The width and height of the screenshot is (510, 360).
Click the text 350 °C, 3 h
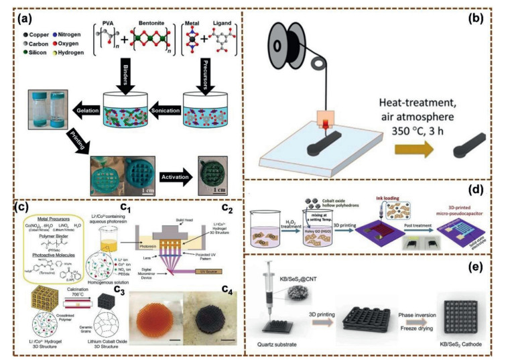[x=414, y=113]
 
